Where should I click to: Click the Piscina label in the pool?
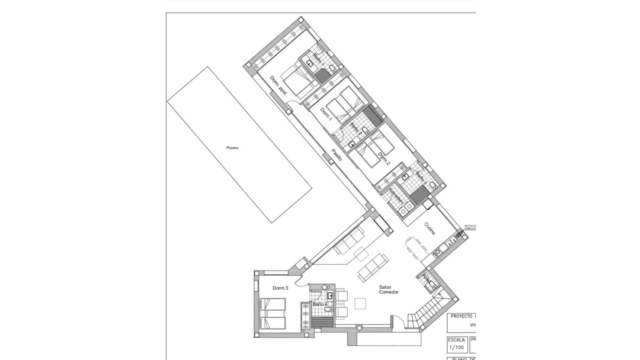point(232,148)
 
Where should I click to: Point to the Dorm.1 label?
point(326,114)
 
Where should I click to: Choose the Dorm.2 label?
point(384,159)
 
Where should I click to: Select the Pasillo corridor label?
point(337,155)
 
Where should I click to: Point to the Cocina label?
point(429,228)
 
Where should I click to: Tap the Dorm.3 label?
point(280,288)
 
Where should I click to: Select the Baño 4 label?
point(320,304)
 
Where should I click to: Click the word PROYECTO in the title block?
point(461,316)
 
